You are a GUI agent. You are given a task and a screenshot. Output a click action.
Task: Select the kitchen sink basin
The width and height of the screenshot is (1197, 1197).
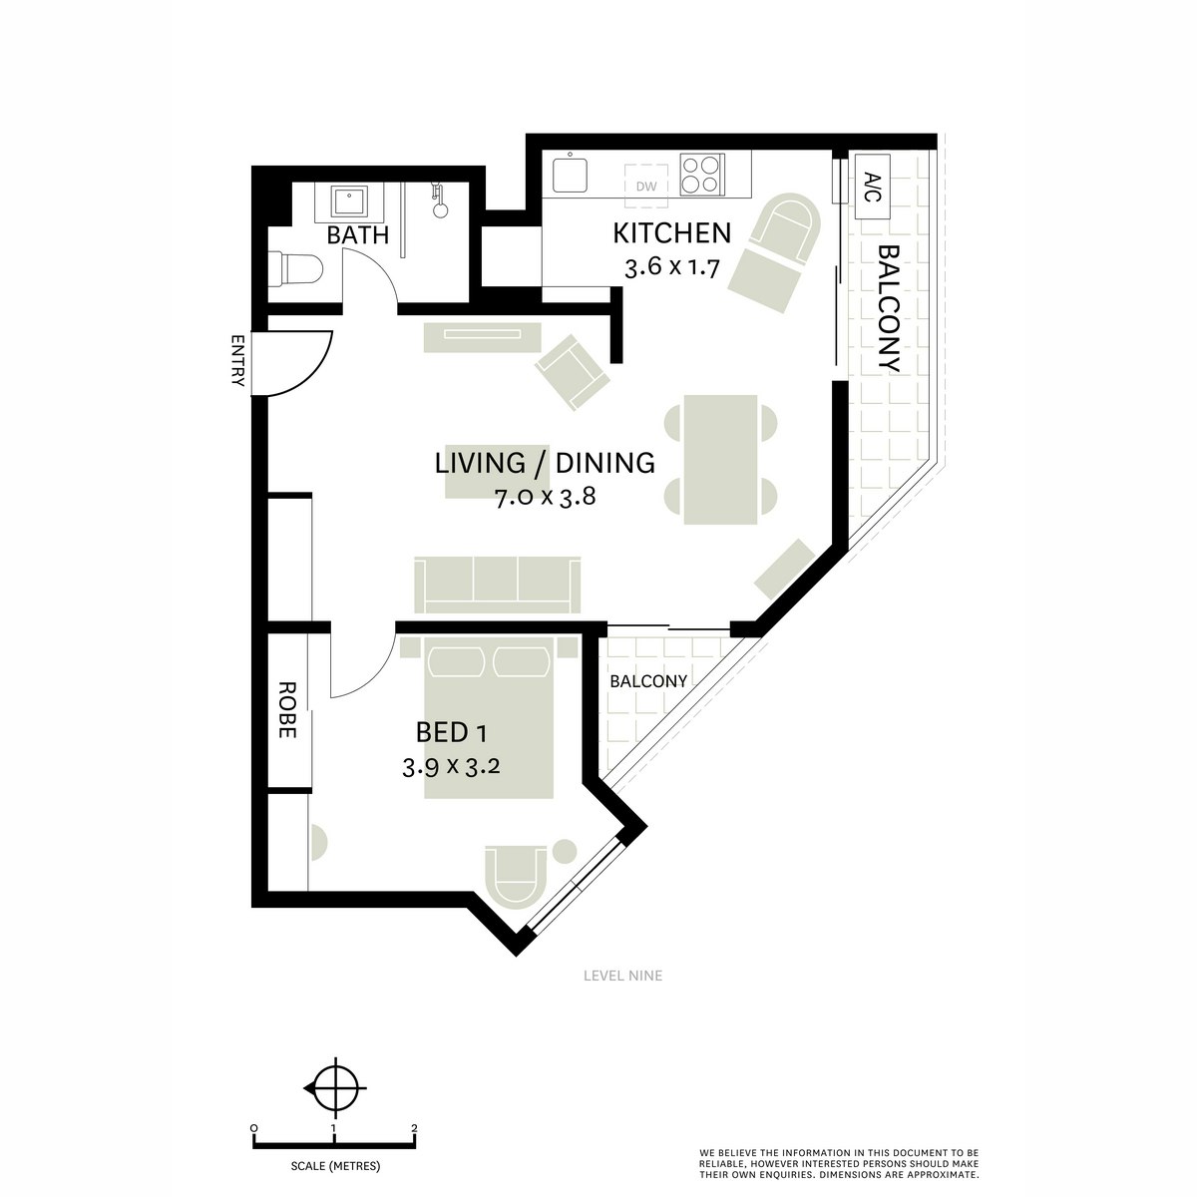571,175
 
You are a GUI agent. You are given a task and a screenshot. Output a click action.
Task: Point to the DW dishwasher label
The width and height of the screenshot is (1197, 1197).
646,186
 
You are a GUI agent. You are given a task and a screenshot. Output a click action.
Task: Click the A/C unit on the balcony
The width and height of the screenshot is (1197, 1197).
873,187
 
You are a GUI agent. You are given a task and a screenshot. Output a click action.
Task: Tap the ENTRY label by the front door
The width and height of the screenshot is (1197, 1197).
237,360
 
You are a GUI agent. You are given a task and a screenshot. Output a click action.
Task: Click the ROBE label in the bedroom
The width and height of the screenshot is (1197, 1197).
286,709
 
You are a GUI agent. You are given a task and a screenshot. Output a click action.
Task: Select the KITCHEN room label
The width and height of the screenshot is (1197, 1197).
671,233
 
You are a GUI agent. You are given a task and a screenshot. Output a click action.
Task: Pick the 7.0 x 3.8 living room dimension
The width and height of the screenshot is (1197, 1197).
545,497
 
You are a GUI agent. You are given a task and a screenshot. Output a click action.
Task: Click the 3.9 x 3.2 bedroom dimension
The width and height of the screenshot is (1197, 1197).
451,768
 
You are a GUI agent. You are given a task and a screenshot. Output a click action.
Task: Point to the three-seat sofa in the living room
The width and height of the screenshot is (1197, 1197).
497,585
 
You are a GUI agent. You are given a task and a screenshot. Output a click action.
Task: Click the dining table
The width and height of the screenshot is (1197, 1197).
720,460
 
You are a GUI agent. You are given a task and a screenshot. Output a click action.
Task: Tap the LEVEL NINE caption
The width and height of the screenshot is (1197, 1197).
623,976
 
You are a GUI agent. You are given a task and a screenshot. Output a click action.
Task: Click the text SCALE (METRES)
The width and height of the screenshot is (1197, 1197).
335,1166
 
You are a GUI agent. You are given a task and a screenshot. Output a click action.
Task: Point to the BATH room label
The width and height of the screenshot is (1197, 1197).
358,235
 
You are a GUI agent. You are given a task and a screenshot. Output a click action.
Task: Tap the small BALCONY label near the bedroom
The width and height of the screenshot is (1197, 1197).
648,681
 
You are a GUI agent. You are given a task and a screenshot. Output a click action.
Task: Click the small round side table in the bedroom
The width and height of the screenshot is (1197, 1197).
565,851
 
